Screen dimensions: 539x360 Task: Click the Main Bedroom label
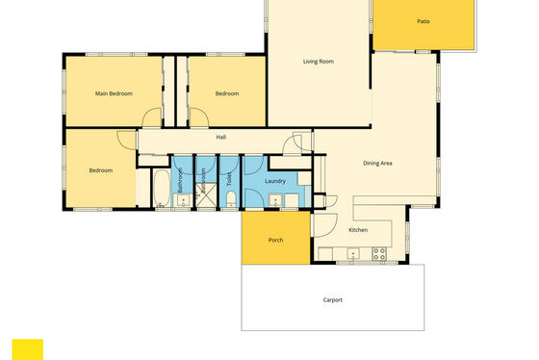pyautogui.click(x=114, y=93)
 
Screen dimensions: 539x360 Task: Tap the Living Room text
pyautogui.click(x=319, y=62)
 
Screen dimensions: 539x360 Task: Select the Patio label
pyautogui.click(x=423, y=21)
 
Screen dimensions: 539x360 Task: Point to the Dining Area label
pyautogui.click(x=377, y=164)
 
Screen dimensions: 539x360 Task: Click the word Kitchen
pyautogui.click(x=358, y=230)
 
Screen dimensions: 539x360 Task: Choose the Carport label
pyautogui.click(x=333, y=300)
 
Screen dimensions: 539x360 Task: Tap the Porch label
pyautogui.click(x=275, y=240)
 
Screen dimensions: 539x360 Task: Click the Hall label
pyautogui.click(x=221, y=138)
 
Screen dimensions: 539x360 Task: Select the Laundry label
pyautogui.click(x=275, y=181)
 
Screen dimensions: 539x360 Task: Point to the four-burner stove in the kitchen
pyautogui.click(x=379, y=254)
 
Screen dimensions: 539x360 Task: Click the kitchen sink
pyautogui.click(x=353, y=254)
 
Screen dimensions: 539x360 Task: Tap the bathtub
pyautogui.click(x=162, y=188)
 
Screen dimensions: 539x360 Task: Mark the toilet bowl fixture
pyautogui.click(x=231, y=199)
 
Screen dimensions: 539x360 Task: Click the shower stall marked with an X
pyautogui.click(x=206, y=195)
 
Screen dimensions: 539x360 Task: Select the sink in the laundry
pyautogui.click(x=275, y=200)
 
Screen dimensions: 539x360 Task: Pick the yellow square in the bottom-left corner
pyautogui.click(x=28, y=349)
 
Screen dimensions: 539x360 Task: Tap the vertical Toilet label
pyautogui.click(x=230, y=179)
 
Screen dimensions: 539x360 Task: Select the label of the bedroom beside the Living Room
pyautogui.click(x=227, y=93)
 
